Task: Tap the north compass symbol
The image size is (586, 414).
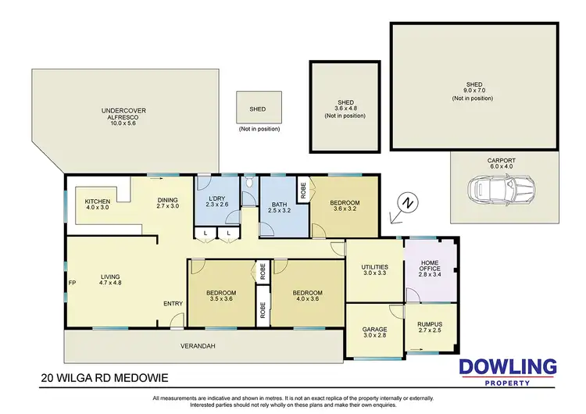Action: click(407, 204)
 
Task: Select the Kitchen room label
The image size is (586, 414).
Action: click(98, 205)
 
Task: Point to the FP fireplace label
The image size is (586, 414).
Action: click(72, 282)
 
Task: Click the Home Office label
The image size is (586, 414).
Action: click(431, 269)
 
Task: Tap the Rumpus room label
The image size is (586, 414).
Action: click(430, 327)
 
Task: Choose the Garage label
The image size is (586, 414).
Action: click(375, 330)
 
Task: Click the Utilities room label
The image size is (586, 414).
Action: click(374, 270)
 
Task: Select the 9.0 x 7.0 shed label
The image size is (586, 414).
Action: click(473, 91)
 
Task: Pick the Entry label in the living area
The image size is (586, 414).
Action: click(173, 303)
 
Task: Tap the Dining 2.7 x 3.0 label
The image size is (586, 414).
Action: click(168, 202)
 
